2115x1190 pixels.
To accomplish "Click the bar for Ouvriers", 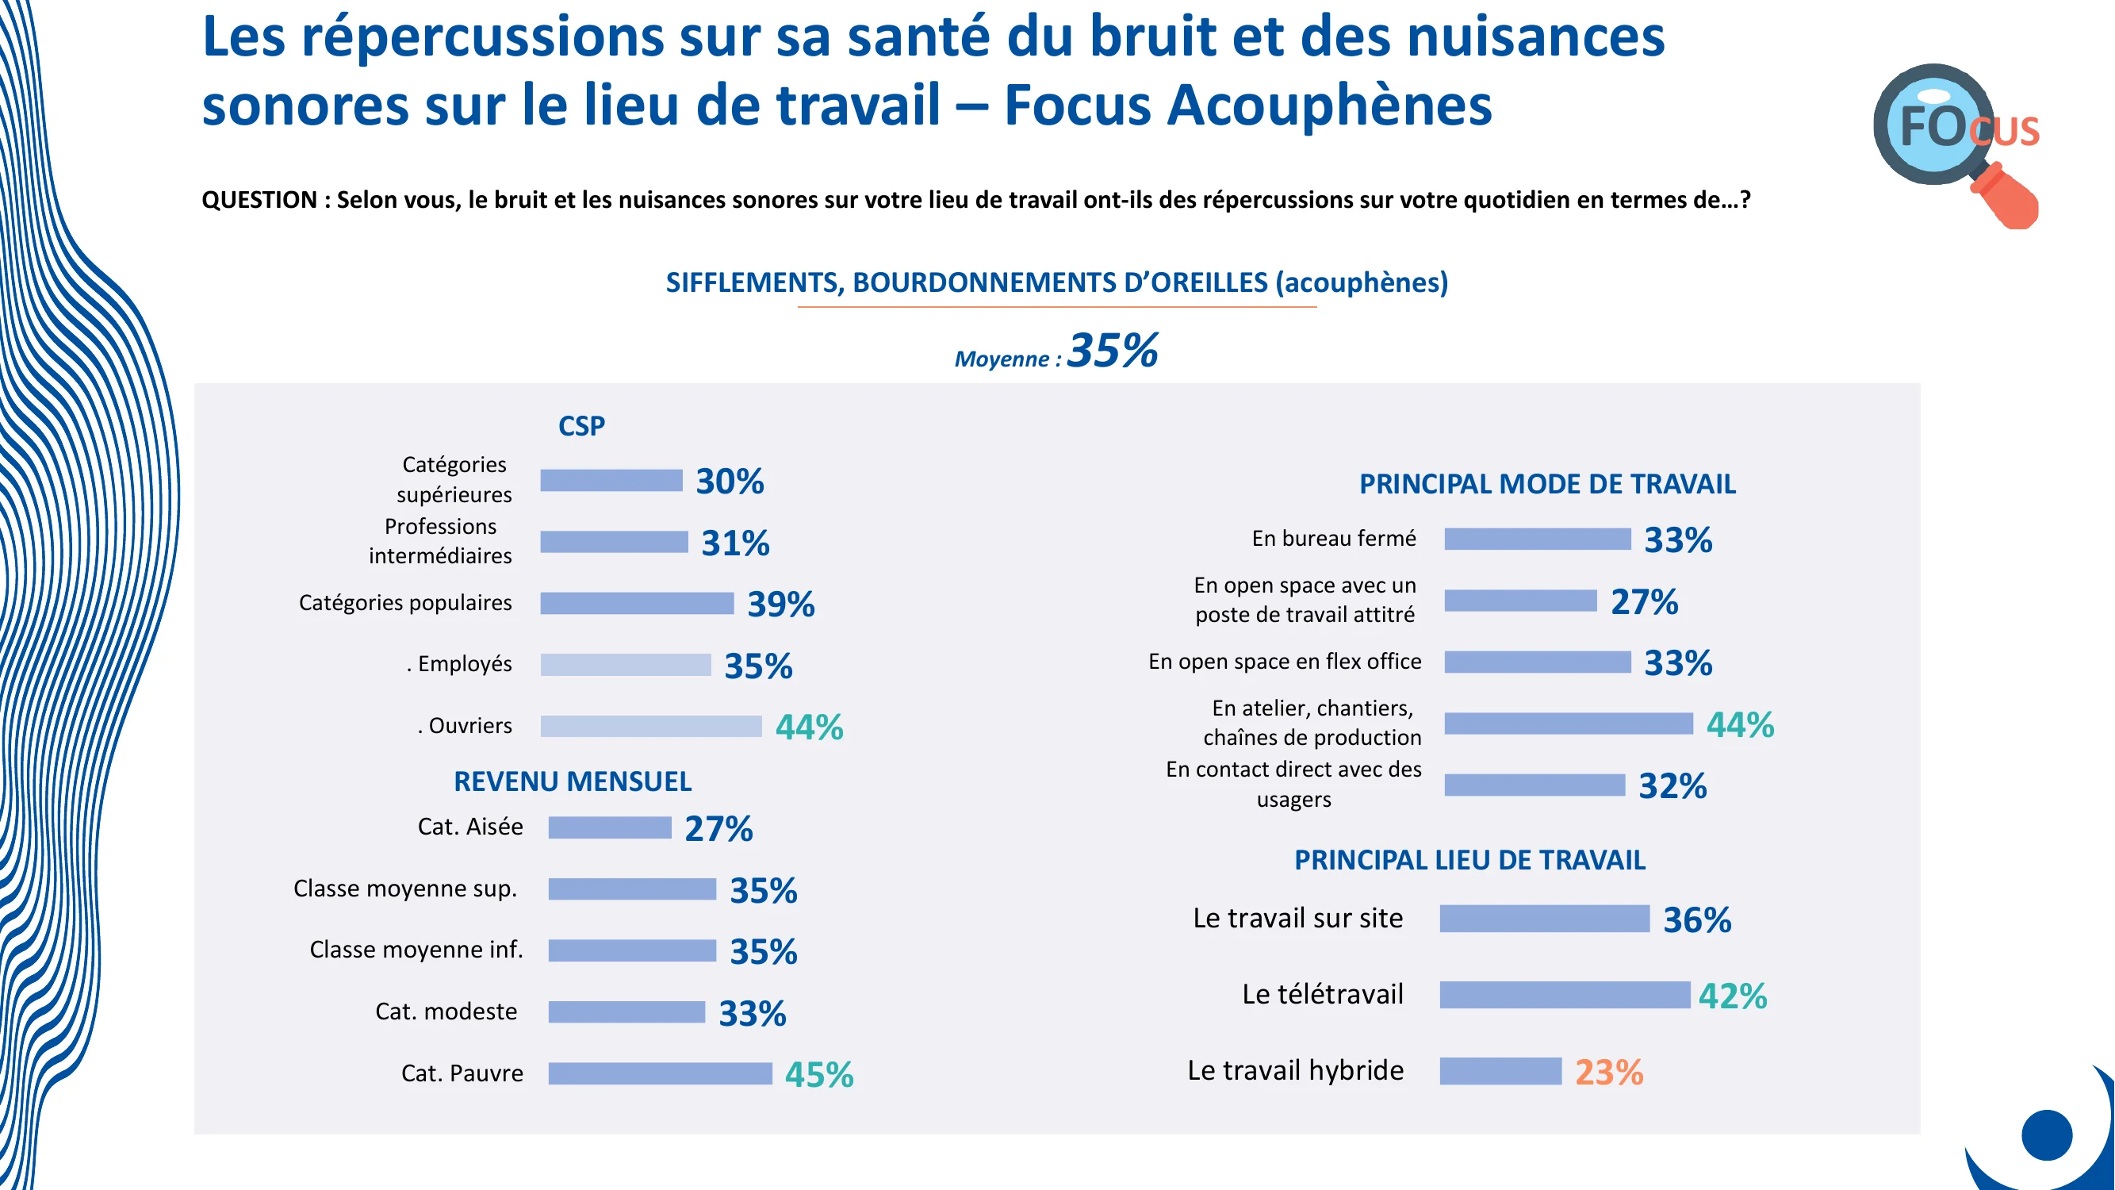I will (x=651, y=726).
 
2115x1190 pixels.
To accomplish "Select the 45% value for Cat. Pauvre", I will (x=818, y=1074).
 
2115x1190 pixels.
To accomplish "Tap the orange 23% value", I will (x=1608, y=1072).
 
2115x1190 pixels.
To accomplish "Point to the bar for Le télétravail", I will (x=1565, y=995).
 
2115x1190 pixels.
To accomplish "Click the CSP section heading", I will (x=581, y=425).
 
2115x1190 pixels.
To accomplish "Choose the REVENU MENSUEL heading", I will (x=573, y=781).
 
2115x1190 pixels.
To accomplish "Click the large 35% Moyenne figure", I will (x=1113, y=351).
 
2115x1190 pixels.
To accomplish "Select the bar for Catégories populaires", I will (x=636, y=603).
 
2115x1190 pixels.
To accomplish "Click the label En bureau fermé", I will (x=1333, y=538).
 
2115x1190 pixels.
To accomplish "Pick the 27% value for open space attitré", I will (x=1644, y=601).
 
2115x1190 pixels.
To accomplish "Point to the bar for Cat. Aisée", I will (x=609, y=827).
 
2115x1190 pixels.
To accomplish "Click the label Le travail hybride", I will (x=1295, y=1070).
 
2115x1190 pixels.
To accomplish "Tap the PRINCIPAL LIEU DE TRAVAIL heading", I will (x=1469, y=860).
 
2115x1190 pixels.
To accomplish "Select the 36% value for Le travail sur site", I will (x=1696, y=919).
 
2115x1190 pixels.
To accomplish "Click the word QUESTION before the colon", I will (x=259, y=200).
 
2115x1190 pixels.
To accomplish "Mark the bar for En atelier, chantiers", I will (x=1568, y=724).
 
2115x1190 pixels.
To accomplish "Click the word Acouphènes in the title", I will (x=1328, y=106).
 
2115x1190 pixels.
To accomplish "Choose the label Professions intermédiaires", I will (x=440, y=540).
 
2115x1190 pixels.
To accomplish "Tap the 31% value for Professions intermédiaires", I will (x=735, y=543).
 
